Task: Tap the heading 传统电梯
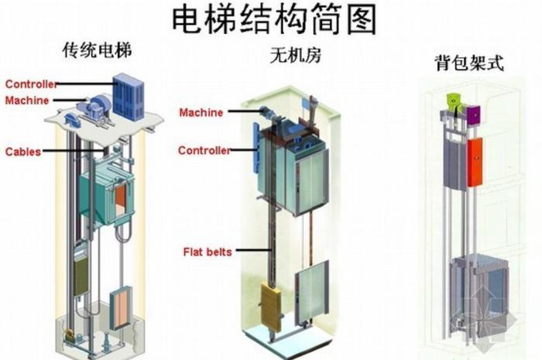[98, 53]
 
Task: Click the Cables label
[23, 152]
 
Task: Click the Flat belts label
[207, 252]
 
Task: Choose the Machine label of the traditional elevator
[27, 101]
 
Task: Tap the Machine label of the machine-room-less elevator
[201, 113]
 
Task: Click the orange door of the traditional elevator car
[121, 198]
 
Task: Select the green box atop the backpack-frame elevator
[452, 99]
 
